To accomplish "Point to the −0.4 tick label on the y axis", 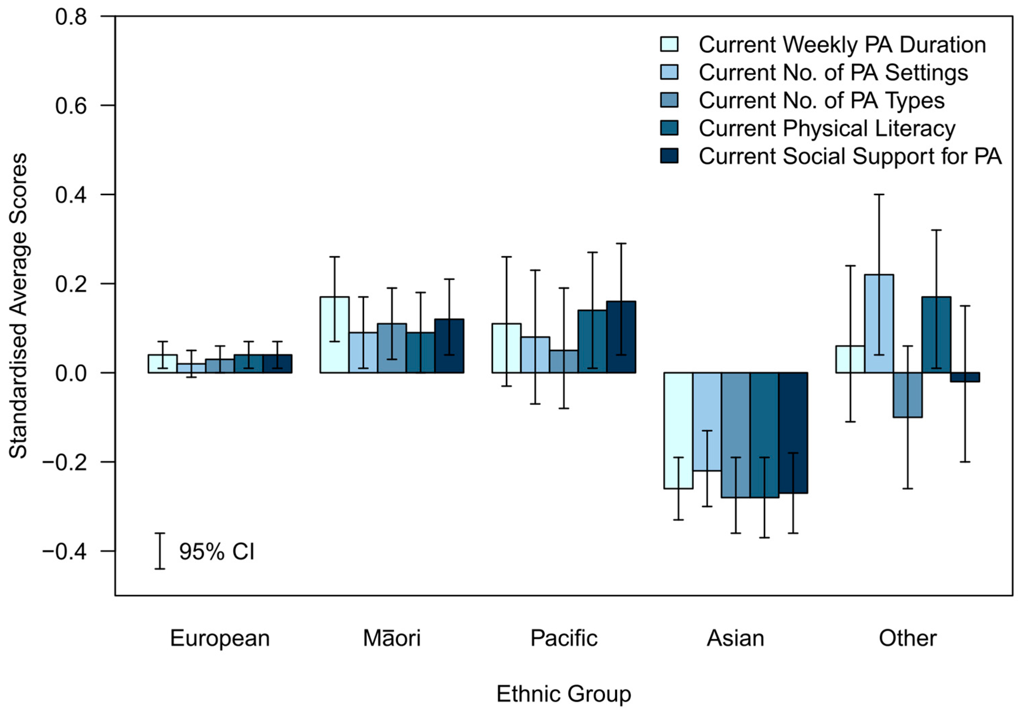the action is point(64,552).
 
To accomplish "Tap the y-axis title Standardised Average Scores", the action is point(18,306).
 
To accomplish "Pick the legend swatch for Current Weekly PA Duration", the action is point(669,44).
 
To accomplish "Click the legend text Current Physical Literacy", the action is point(827,129).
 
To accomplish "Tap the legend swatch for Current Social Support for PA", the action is point(669,156).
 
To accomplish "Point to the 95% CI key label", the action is point(217,552).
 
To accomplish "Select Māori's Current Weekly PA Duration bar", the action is point(335,335).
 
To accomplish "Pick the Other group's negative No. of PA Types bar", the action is point(908,395).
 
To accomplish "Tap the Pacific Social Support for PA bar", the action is point(621,337).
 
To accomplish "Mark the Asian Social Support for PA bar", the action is point(793,433).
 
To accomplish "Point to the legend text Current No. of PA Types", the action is point(821,100).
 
